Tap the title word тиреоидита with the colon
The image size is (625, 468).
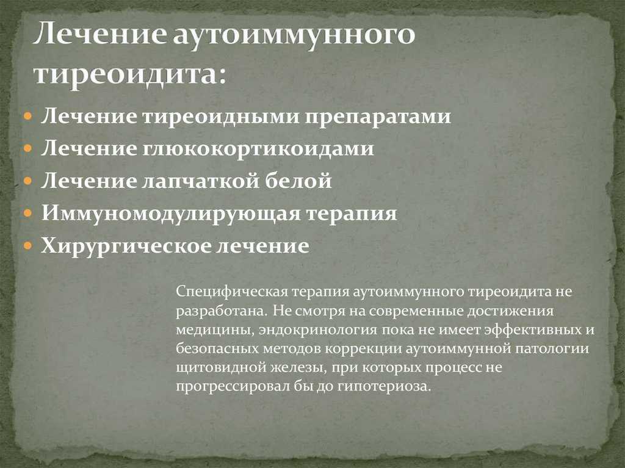pos(130,73)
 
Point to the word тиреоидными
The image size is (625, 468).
pos(220,117)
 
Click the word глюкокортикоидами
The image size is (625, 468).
pos(258,149)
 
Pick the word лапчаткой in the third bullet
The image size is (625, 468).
pos(201,181)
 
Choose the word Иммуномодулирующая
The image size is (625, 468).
pos(170,214)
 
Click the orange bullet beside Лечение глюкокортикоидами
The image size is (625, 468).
pos(27,149)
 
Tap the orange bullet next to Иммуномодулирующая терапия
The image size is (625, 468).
pos(27,214)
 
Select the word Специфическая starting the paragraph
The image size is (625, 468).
pos(232,292)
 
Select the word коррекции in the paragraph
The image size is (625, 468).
pos(363,349)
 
